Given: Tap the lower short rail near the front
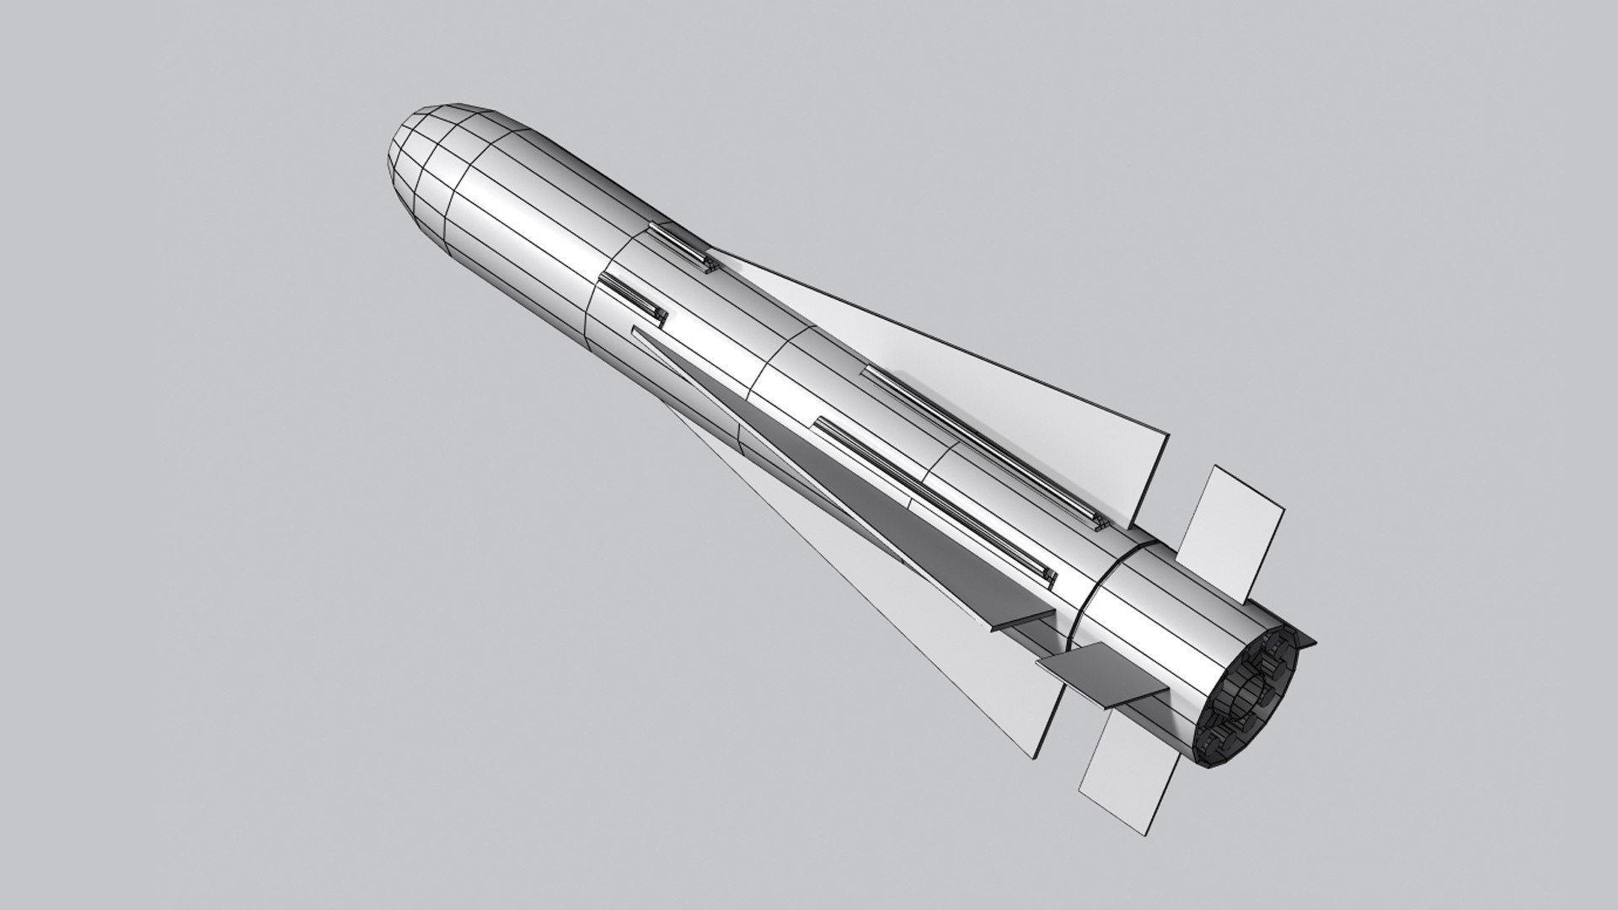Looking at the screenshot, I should (x=634, y=301).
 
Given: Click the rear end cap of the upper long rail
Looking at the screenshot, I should (x=1101, y=522).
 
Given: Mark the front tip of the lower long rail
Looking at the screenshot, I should (x=817, y=421).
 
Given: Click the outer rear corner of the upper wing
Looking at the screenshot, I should (x=1167, y=436).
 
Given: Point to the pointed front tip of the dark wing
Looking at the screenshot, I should (x=635, y=331).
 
